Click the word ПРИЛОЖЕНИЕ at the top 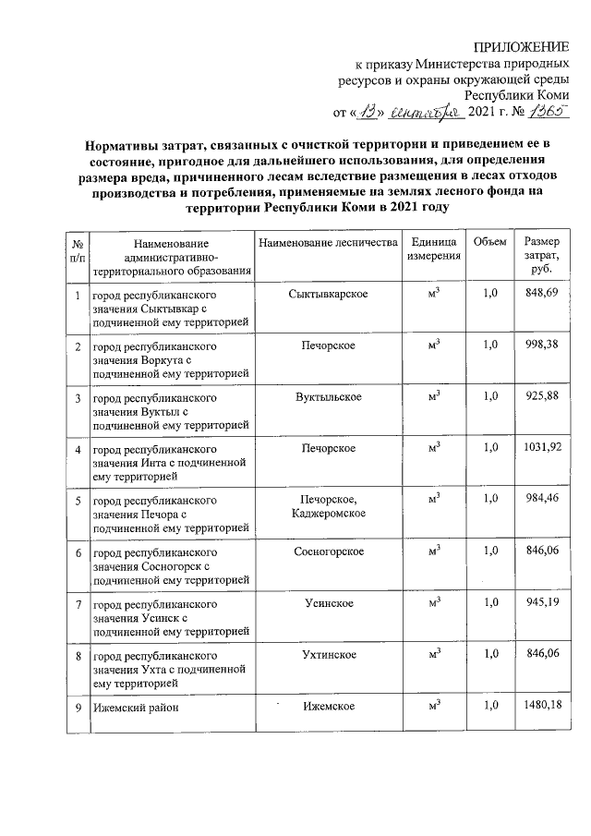[521, 47]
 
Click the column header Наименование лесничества [328, 242]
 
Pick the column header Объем [489, 242]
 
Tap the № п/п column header [78, 248]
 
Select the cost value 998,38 [540, 345]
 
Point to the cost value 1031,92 [540, 448]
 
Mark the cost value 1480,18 [540, 707]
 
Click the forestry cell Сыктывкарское [328, 293]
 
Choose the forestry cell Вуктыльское [328, 396]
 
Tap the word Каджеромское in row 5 [328, 513]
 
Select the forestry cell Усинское [328, 603]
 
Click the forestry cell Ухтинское [328, 655]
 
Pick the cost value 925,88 [540, 396]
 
